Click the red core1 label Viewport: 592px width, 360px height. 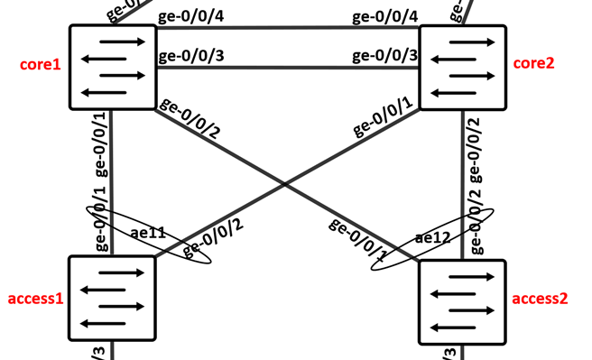39,66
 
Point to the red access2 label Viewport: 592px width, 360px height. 540,299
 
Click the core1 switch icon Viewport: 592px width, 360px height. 111,67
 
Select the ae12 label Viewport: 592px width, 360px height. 433,239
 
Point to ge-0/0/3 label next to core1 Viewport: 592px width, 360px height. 191,56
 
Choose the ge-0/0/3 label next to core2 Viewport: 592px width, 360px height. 384,56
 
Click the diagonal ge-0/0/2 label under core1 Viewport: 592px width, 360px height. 190,117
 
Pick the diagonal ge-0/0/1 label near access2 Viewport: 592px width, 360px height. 358,238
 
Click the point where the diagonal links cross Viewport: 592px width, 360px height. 286,184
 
